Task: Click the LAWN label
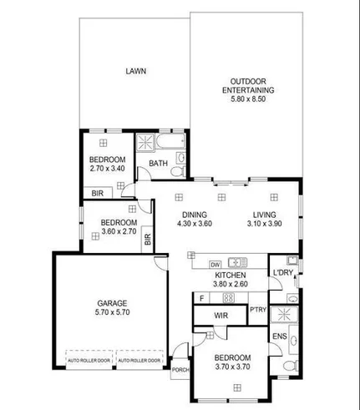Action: (x=135, y=71)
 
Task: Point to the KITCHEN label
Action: (x=230, y=276)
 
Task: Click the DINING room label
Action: (x=195, y=214)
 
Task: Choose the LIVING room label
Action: (x=265, y=214)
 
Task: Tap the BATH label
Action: (x=159, y=163)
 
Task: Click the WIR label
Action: (x=221, y=315)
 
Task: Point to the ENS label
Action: (x=279, y=337)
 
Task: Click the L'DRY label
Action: (x=282, y=272)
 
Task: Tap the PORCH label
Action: (x=179, y=369)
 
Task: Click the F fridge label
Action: (x=201, y=297)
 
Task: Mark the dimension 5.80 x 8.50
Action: (x=241, y=99)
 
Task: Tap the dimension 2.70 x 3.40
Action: (x=107, y=169)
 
